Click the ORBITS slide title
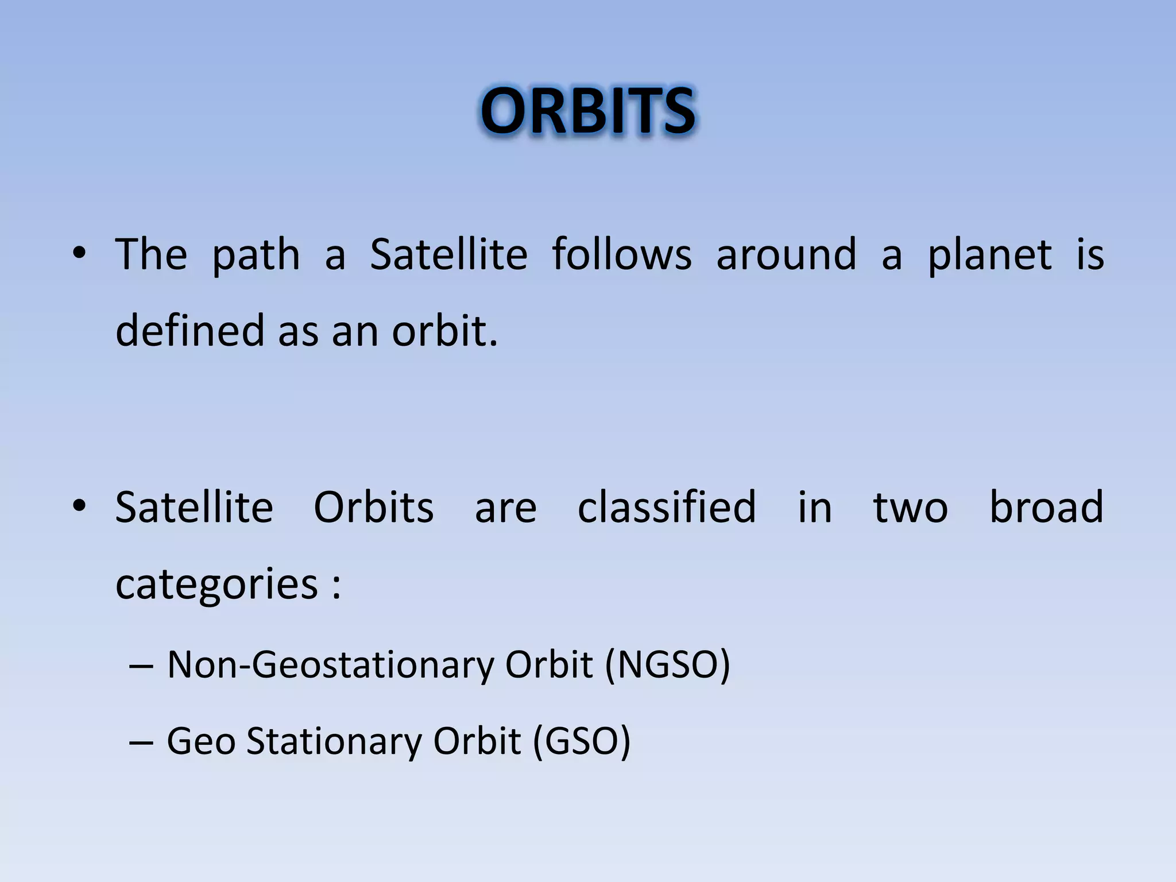587,111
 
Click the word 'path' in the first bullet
256,255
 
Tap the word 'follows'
621,254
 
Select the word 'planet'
990,255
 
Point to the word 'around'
786,254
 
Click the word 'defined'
189,331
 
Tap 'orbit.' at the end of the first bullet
444,331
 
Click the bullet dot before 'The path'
79,253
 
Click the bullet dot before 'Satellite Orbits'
79,506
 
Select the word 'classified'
667,507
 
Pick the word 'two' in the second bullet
910,508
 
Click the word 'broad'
1046,507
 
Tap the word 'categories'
217,585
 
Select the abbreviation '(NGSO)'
667,665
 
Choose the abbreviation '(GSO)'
582,741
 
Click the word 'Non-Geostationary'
330,665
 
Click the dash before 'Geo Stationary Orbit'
141,742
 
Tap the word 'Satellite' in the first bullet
448,254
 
